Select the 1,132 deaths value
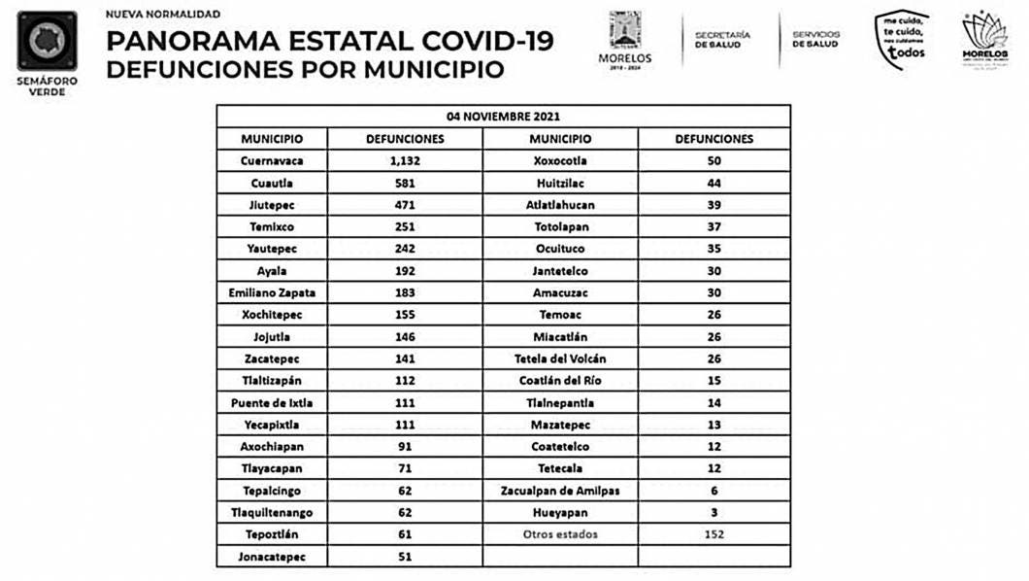(x=405, y=161)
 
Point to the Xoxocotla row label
(x=560, y=161)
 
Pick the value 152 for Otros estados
(x=714, y=534)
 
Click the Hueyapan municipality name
(x=560, y=513)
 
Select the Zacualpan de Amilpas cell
(x=560, y=491)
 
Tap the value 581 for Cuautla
(x=405, y=184)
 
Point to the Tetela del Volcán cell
(x=560, y=359)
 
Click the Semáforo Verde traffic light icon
(x=47, y=41)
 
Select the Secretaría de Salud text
(x=722, y=40)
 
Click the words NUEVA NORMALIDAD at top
(x=162, y=15)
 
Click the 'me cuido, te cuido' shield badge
(x=902, y=40)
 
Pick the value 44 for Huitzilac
(x=714, y=184)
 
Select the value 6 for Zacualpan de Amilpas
(x=714, y=491)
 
